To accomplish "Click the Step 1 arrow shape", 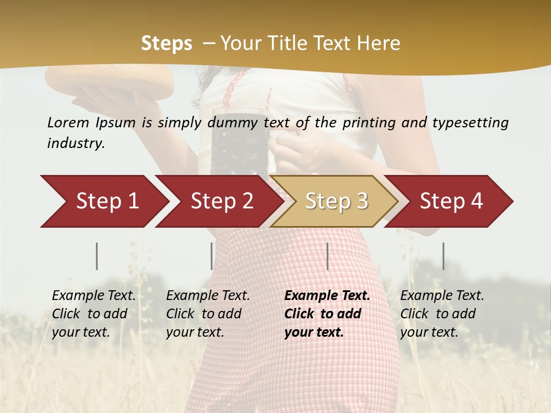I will point(103,201).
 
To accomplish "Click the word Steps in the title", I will point(166,44).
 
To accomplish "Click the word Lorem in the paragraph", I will point(68,123).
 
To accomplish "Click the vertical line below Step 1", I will point(97,256).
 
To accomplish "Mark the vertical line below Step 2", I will point(212,256).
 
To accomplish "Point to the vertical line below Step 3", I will point(327,256).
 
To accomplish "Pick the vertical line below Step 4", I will point(443,256).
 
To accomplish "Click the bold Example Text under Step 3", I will point(327,296).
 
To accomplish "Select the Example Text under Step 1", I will point(94,296).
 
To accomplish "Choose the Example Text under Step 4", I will point(442,296).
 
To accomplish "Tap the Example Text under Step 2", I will point(208,296).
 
